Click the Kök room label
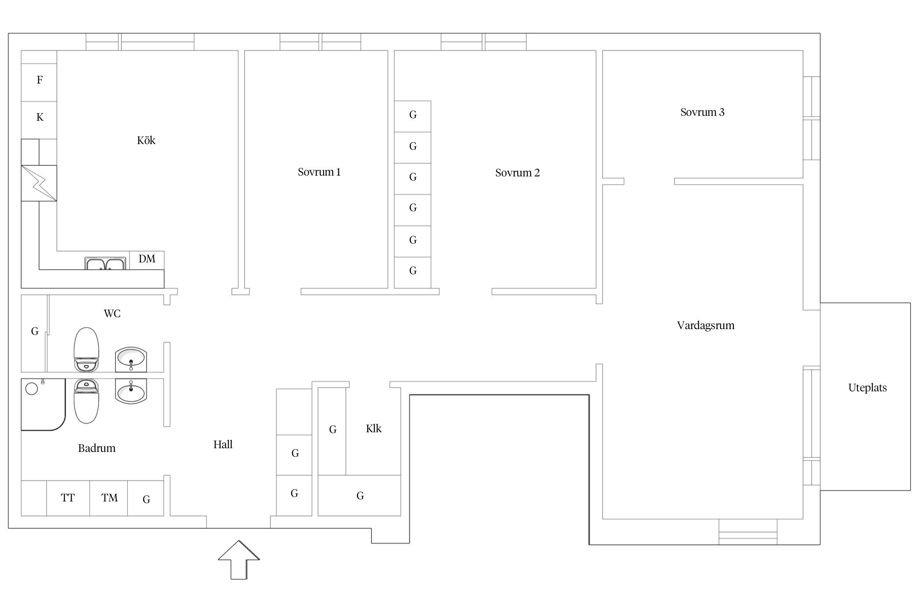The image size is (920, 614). coord(146,140)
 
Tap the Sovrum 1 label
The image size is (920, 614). coord(319,172)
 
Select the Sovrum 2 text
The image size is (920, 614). coord(517,173)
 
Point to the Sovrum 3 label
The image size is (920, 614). coord(702,112)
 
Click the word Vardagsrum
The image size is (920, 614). coord(706,325)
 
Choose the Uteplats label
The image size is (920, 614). coord(867,388)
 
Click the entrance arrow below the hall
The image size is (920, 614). coord(239,560)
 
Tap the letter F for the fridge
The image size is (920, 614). coord(40,80)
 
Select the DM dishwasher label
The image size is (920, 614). coord(147,259)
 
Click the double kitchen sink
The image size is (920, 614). coord(105,263)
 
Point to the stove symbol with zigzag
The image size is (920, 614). coord(39,183)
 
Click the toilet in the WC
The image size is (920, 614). coord(86,349)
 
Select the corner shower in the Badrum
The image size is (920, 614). coord(43,404)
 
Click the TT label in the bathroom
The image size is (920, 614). coord(68,498)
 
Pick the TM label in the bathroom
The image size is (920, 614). coord(110,498)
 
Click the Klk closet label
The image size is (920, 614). coord(373,429)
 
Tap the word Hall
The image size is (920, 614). coord(223,445)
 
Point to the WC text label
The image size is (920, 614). coord(112,314)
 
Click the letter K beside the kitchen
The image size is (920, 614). coord(40,117)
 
